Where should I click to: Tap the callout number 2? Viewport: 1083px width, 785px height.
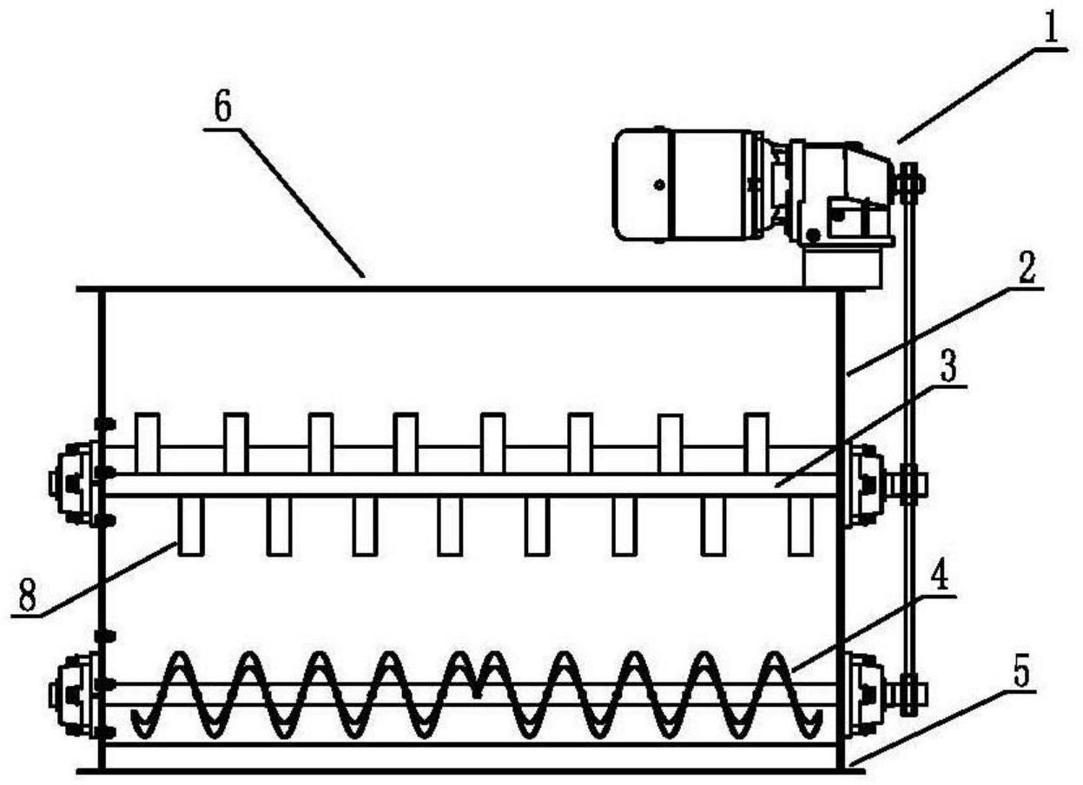click(x=1024, y=270)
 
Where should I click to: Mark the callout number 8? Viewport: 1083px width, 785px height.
click(x=27, y=596)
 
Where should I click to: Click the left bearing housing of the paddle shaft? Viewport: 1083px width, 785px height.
click(x=75, y=484)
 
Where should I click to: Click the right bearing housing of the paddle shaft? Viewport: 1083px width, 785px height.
click(x=865, y=484)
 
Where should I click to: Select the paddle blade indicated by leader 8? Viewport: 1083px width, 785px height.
click(x=191, y=526)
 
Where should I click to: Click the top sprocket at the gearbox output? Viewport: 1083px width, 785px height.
click(x=909, y=184)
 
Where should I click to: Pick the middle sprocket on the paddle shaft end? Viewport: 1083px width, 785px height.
click(x=910, y=484)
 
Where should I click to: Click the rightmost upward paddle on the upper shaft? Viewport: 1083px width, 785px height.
click(x=756, y=443)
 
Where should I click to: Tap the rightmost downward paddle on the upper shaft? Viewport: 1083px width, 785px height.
click(x=801, y=526)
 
